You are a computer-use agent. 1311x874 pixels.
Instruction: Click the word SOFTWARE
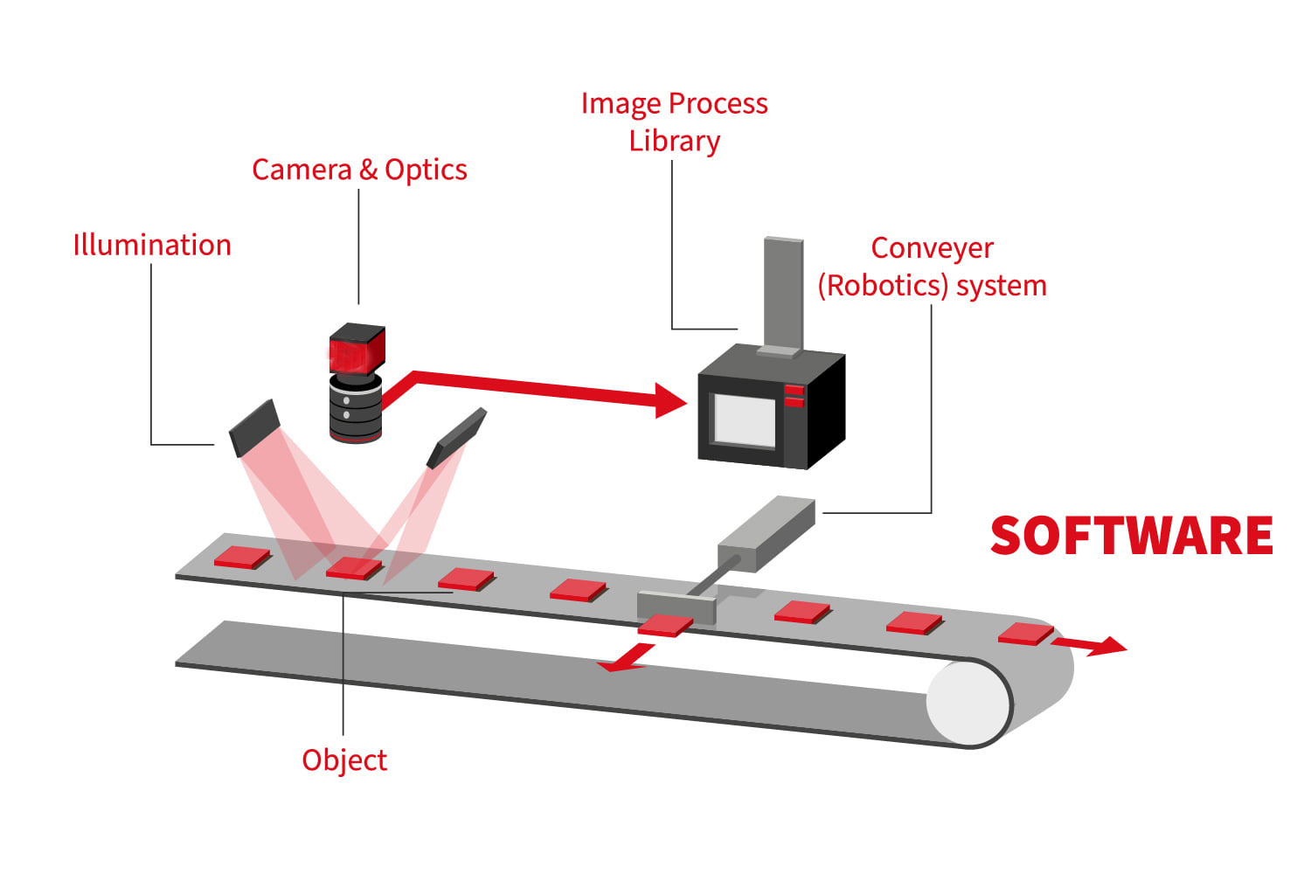point(1131,536)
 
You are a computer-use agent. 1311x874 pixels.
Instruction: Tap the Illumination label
point(152,246)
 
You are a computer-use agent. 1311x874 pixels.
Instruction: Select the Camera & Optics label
point(359,170)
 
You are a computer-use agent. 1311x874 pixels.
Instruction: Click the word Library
point(674,142)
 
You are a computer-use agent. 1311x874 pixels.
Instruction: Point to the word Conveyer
point(932,248)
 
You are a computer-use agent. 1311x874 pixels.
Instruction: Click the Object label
point(344,760)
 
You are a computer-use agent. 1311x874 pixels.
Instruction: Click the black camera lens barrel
point(356,408)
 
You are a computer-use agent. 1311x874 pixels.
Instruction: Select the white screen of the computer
point(744,420)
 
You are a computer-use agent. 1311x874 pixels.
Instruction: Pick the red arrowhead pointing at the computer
point(670,400)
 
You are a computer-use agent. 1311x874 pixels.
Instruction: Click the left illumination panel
point(253,427)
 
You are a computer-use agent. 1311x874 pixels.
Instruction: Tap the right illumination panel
point(456,437)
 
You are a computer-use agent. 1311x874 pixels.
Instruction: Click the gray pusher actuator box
point(766,534)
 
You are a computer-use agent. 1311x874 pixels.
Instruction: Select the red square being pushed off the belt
point(665,625)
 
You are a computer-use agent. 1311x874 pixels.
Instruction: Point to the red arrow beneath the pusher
point(626,658)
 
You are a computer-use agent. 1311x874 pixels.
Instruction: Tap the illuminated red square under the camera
point(353,567)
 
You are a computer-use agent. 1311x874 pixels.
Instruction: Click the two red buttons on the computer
point(794,396)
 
